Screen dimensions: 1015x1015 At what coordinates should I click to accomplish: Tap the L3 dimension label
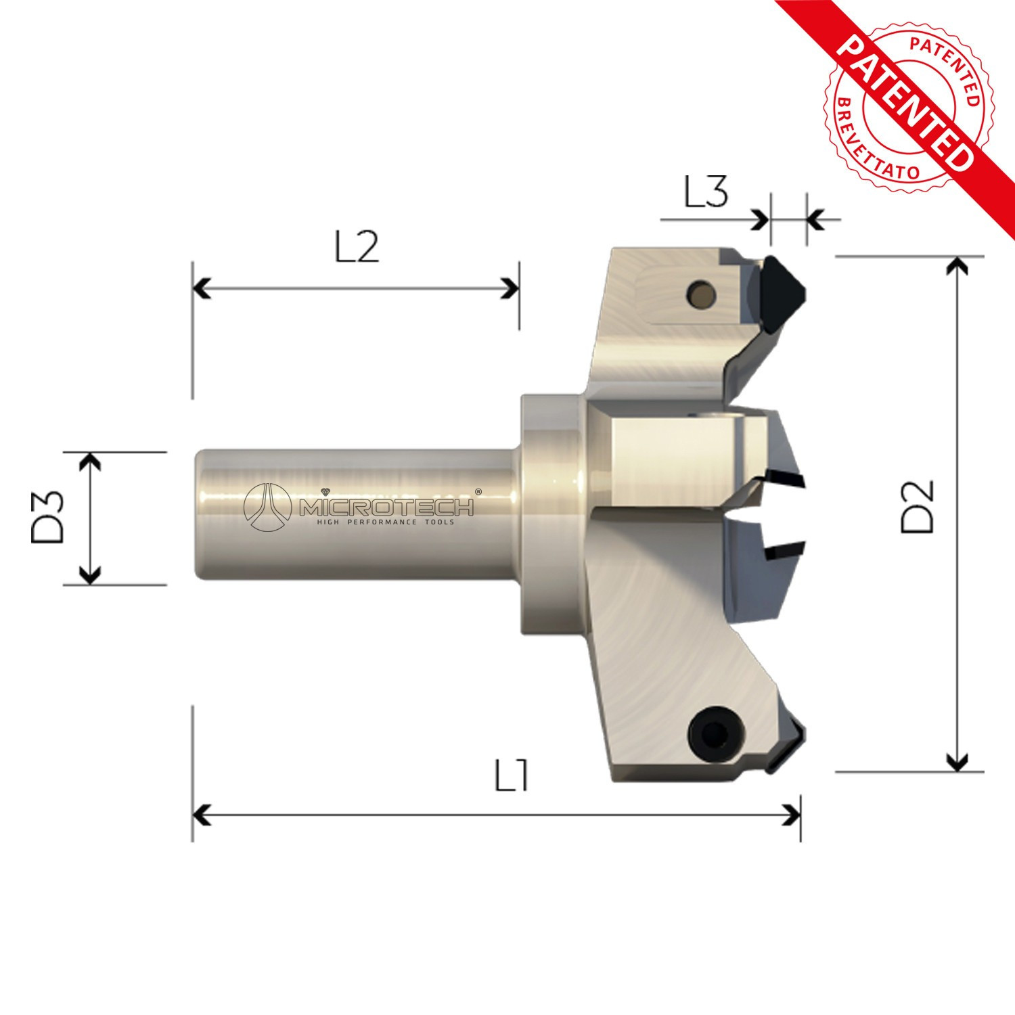[x=706, y=192]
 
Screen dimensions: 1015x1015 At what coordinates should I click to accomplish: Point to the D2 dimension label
[x=918, y=507]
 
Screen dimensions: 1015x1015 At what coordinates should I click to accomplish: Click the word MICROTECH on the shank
[x=388, y=506]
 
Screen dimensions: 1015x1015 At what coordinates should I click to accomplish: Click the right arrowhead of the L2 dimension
[x=510, y=288]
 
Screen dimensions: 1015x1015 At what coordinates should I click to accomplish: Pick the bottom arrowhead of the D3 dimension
[x=90, y=576]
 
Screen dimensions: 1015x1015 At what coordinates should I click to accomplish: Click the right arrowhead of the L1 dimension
[x=792, y=815]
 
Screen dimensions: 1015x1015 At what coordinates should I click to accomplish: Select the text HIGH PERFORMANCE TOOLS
[x=386, y=522]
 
